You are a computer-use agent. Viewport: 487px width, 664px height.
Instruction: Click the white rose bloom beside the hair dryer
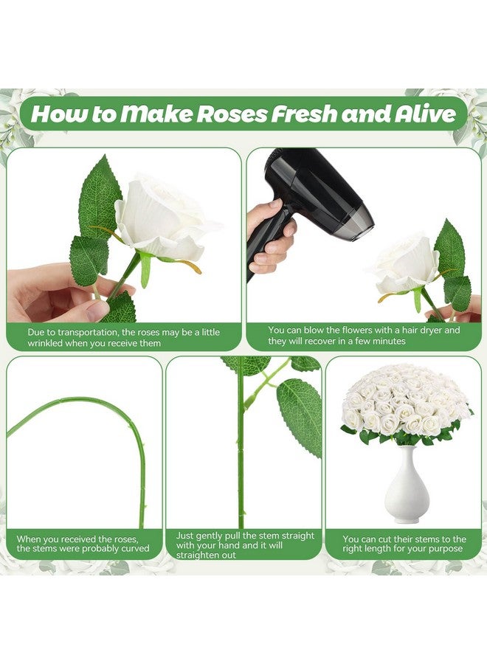tap(407, 264)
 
